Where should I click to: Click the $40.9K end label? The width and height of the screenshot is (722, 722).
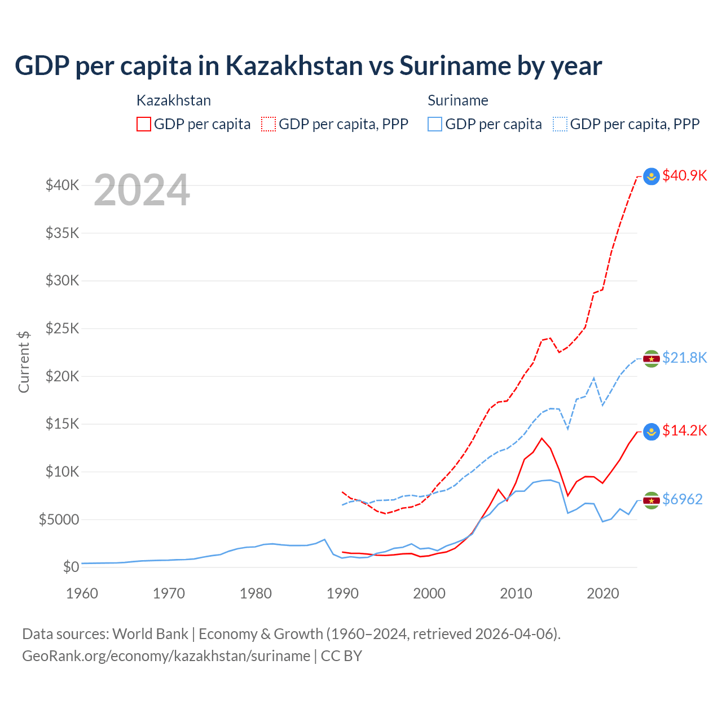click(x=684, y=175)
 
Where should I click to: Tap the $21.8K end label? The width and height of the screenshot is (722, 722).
click(x=684, y=358)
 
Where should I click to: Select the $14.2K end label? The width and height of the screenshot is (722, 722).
click(x=684, y=430)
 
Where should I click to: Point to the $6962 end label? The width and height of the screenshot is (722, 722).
click(x=682, y=499)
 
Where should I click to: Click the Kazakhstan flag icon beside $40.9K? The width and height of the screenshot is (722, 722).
click(x=651, y=176)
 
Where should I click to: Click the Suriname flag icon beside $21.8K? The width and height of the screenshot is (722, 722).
click(x=651, y=358)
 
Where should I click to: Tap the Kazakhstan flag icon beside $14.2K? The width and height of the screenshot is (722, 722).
click(x=651, y=431)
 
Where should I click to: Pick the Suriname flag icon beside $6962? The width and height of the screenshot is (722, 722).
click(x=651, y=500)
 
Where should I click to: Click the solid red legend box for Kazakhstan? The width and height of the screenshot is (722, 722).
click(x=144, y=124)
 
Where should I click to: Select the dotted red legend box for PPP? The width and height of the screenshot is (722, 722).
click(x=268, y=124)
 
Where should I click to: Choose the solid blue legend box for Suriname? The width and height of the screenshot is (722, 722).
click(x=435, y=124)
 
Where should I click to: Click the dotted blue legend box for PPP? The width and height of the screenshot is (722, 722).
click(x=560, y=124)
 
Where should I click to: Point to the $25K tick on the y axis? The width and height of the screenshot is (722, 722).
click(x=62, y=328)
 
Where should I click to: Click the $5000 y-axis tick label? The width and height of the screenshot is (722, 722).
click(x=59, y=520)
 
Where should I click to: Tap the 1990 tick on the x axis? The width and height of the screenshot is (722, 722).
click(x=342, y=593)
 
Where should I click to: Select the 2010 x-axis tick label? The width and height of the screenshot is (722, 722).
click(x=516, y=593)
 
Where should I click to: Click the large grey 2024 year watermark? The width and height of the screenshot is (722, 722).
click(x=142, y=190)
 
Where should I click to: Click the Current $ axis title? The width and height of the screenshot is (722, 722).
click(x=24, y=362)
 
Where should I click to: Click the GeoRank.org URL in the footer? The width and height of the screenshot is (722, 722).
click(x=166, y=656)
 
